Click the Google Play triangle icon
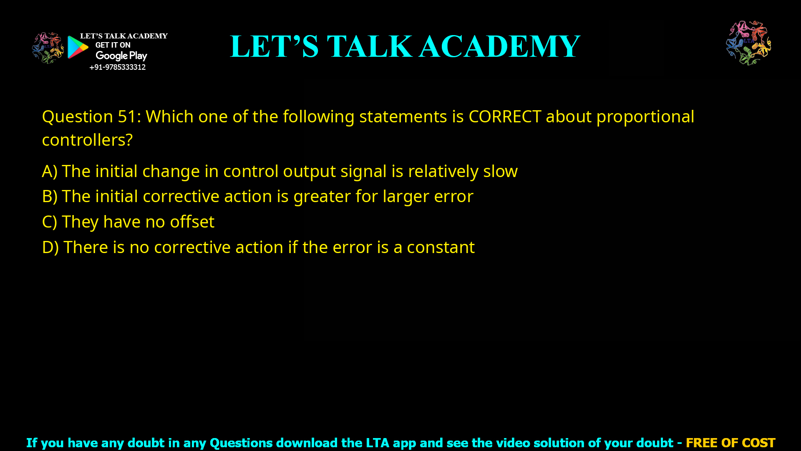[78, 47]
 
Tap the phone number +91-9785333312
[118, 67]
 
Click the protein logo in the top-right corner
[748, 43]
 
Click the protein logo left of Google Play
[48, 48]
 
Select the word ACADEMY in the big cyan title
[499, 46]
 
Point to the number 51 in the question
[126, 117]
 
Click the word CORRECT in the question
[505, 117]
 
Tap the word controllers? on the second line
[87, 140]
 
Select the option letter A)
[50, 172]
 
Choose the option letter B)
[50, 197]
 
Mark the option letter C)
[50, 222]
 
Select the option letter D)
[50, 248]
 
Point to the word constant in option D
[441, 248]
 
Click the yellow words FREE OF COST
[730, 443]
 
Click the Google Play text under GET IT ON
[121, 56]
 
